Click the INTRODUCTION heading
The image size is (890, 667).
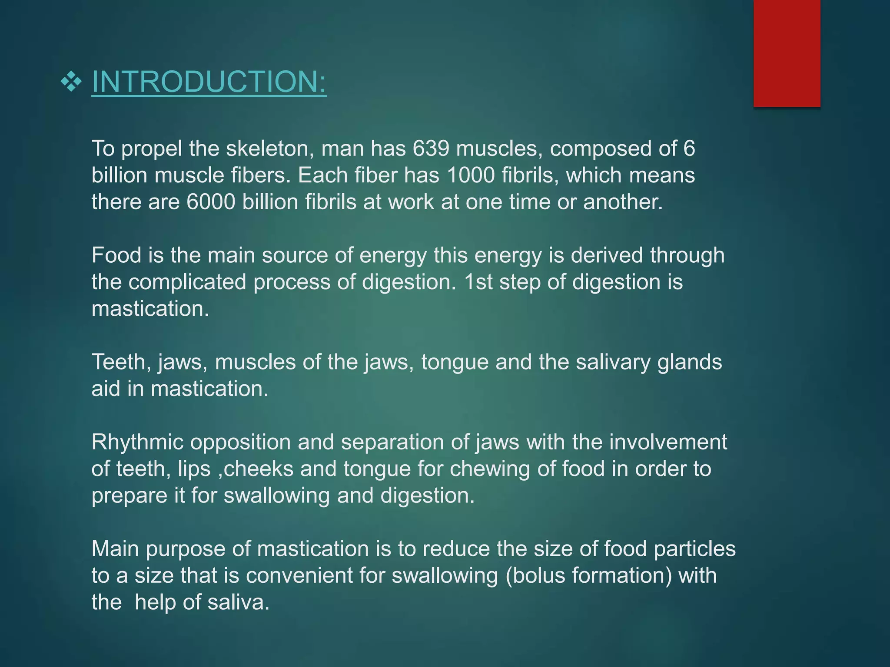tap(209, 82)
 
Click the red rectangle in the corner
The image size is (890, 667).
tap(787, 53)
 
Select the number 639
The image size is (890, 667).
tap(431, 149)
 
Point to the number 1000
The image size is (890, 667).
tap(471, 175)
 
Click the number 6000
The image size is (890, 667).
tap(211, 202)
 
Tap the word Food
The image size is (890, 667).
tap(116, 255)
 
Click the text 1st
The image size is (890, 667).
tap(478, 282)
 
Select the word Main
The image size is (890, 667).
tap(115, 549)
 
